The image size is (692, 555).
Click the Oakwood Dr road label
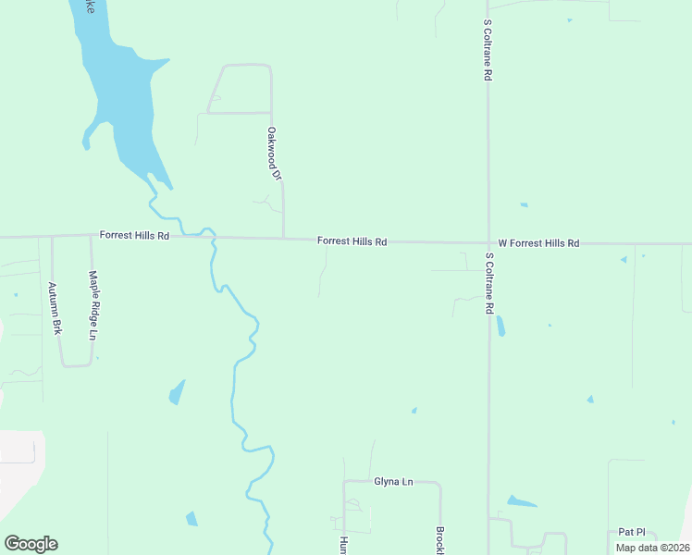273,153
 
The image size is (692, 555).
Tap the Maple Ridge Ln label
93,304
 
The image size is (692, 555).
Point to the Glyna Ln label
392,481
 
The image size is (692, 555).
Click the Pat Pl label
632,533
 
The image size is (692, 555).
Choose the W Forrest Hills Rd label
538,243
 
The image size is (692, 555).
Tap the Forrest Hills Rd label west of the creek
134,236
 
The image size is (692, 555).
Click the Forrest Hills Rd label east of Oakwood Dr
352,240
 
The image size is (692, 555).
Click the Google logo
31,543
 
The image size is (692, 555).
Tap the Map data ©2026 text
651,548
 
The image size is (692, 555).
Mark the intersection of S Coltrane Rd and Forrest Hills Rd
488,243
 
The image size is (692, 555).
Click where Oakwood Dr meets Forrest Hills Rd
283,239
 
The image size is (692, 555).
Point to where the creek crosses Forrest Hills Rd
214,237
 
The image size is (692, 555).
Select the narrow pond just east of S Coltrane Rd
500,326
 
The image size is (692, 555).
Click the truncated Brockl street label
439,541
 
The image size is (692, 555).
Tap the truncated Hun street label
342,545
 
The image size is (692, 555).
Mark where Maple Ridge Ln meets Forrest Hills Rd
90,236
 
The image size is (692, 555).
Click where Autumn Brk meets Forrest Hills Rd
52,237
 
